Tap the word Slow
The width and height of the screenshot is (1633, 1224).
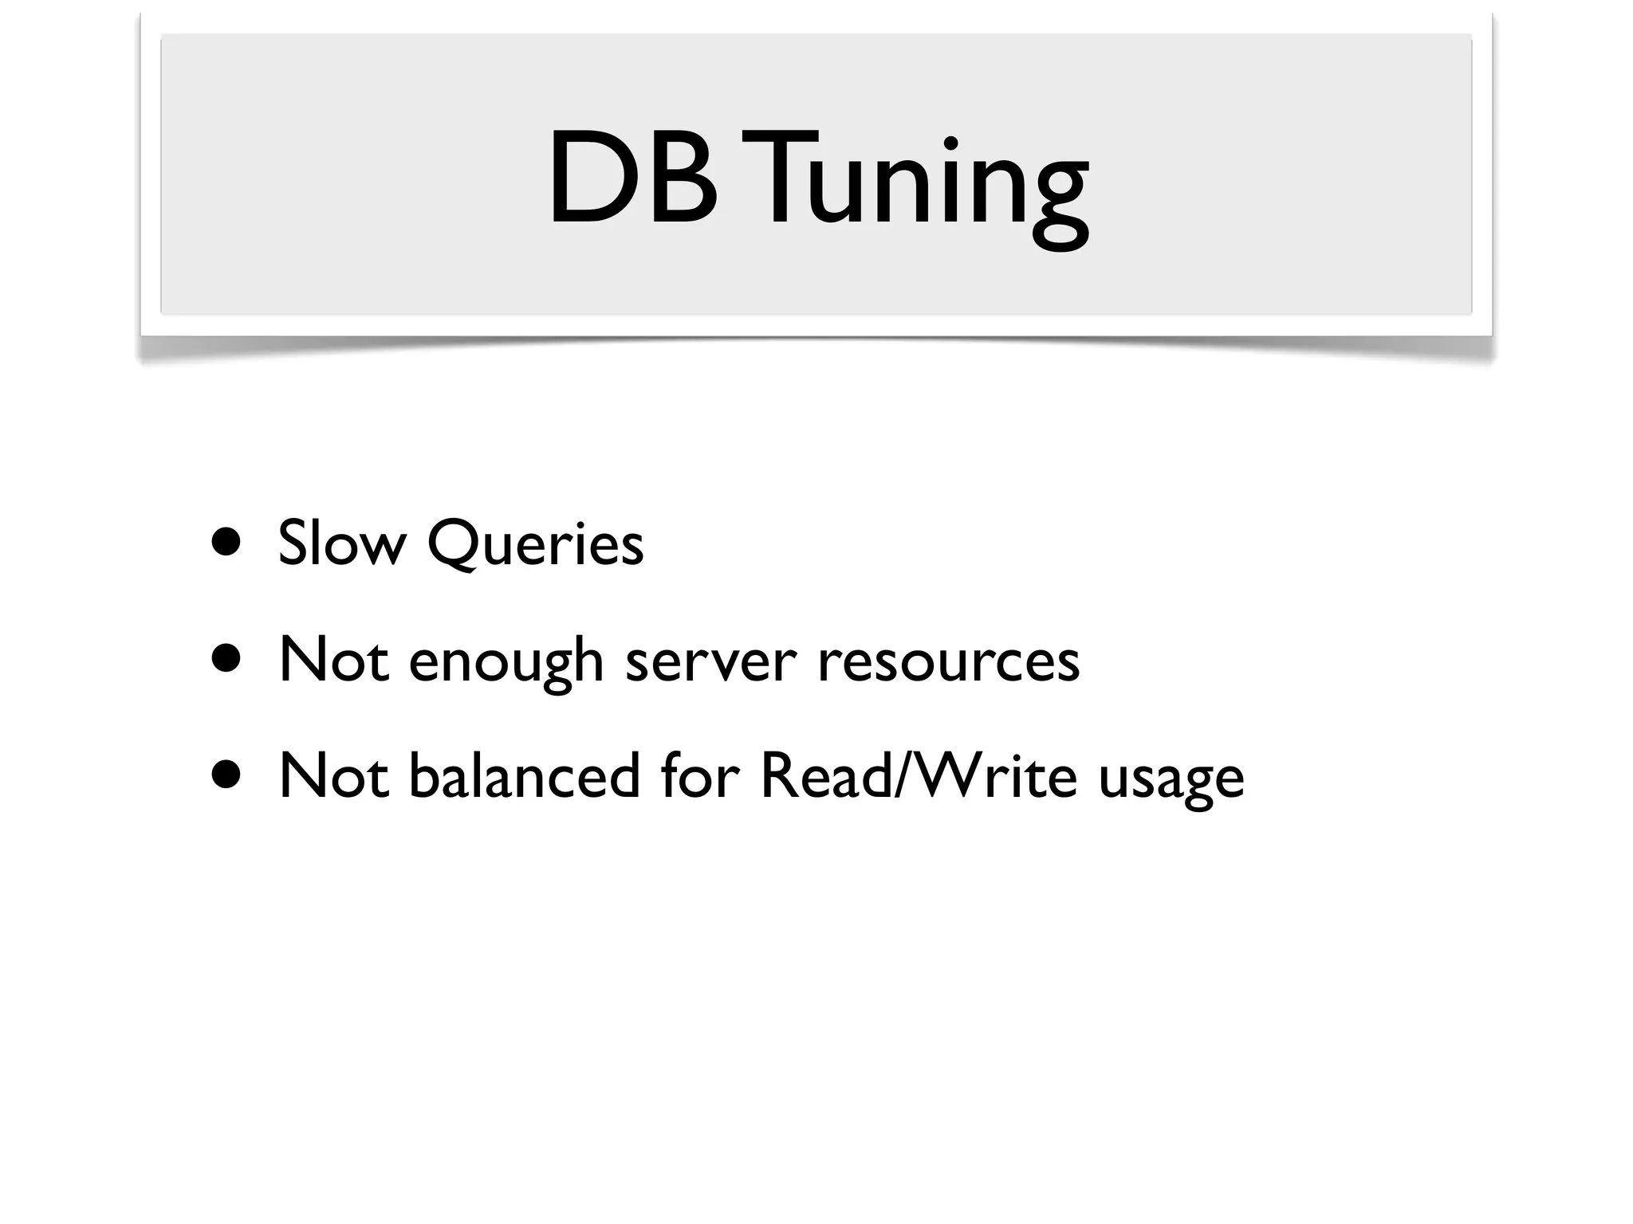coord(341,543)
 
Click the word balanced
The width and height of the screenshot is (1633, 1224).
coord(524,776)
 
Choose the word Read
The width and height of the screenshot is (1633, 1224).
coord(825,776)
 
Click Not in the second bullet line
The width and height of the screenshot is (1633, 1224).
coord(334,661)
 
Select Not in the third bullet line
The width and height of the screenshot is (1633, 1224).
coord(334,776)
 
